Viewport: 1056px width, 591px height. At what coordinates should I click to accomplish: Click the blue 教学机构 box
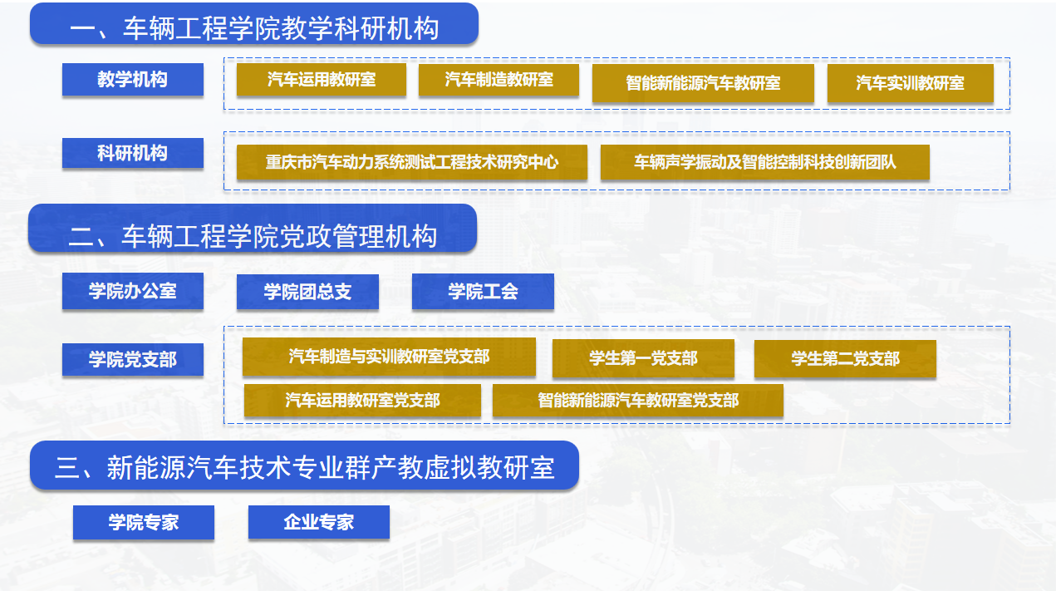(x=132, y=79)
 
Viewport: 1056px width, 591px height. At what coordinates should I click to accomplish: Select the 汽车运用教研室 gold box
(x=321, y=80)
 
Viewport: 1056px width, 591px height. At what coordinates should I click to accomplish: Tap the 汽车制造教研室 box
(x=499, y=80)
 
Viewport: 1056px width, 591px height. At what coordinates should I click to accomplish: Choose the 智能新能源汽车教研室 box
(x=703, y=83)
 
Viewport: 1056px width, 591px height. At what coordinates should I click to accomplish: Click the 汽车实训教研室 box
(x=910, y=83)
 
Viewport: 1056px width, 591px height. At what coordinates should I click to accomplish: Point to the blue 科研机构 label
(x=132, y=153)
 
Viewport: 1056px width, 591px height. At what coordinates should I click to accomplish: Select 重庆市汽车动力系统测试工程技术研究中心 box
(x=411, y=162)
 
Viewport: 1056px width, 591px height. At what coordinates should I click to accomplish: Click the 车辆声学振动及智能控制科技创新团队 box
(x=764, y=162)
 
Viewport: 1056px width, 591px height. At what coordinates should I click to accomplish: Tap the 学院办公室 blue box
(x=132, y=291)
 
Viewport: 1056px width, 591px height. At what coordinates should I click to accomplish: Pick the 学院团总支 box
(x=307, y=292)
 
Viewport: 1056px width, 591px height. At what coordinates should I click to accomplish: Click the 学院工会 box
(x=483, y=291)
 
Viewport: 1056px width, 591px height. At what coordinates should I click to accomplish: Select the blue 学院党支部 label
(x=132, y=359)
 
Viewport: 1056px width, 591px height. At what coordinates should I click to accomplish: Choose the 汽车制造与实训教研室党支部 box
(x=389, y=357)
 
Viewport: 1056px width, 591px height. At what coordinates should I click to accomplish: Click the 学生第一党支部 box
(x=643, y=358)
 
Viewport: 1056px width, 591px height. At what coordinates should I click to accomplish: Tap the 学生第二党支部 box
(x=845, y=358)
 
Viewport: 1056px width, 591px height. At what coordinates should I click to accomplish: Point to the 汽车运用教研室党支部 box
(x=362, y=401)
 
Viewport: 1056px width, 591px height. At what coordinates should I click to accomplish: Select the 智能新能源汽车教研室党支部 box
(x=638, y=401)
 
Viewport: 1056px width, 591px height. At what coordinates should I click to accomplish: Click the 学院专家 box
(x=143, y=522)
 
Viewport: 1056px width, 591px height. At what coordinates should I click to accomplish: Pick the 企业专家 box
(x=319, y=522)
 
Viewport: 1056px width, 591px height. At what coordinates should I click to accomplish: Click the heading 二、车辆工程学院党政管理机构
(x=253, y=236)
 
